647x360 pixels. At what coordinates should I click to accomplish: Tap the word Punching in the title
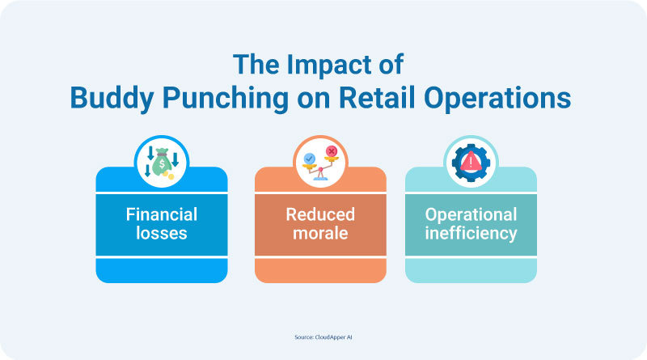226,99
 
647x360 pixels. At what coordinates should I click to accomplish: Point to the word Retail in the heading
377,98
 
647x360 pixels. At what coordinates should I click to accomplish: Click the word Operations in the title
497,99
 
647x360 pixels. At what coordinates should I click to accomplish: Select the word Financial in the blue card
162,214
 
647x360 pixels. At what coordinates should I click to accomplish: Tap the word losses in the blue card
162,233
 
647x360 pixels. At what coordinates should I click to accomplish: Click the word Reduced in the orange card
320,214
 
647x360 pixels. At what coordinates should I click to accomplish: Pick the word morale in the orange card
320,233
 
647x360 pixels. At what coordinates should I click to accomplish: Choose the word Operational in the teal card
471,214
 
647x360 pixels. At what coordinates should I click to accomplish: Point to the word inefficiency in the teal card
471,233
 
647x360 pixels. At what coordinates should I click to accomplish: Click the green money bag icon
162,163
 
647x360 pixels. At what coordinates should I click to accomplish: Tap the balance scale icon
320,163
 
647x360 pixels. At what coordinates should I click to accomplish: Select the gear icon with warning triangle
471,163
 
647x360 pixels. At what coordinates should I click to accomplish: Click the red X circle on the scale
332,151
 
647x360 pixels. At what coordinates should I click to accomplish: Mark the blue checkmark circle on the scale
309,159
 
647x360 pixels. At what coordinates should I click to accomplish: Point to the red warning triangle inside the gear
471,161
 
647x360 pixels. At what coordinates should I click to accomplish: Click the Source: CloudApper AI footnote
323,337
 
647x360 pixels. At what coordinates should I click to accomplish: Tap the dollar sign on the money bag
162,164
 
